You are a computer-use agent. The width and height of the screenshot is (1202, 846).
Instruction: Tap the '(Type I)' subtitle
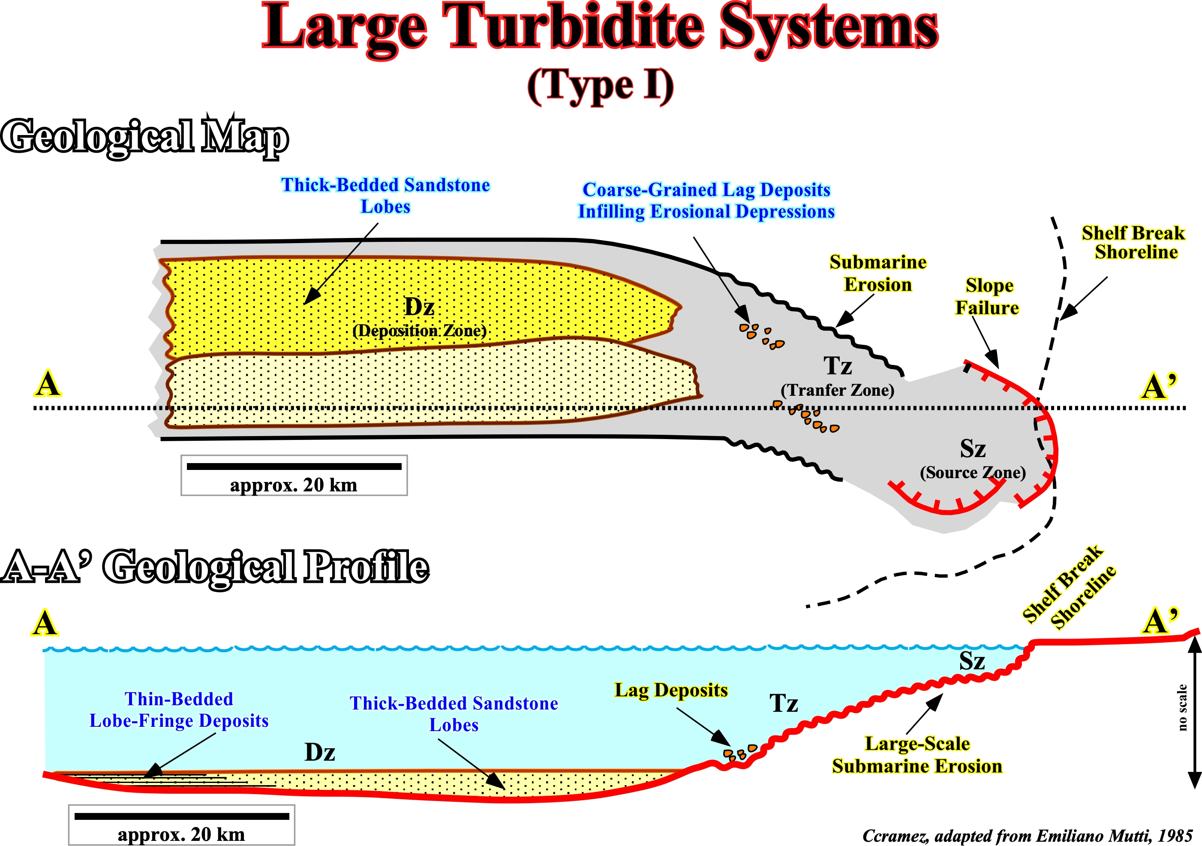(600, 86)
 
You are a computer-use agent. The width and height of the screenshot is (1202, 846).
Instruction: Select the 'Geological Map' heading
(144, 136)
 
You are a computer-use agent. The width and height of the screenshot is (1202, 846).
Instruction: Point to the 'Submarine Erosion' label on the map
(878, 273)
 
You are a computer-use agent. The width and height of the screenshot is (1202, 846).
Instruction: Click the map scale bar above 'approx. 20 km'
(294, 467)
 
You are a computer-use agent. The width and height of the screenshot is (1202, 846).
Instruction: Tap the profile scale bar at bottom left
(182, 816)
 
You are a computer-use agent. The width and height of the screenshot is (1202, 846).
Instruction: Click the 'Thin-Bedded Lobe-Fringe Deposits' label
(179, 710)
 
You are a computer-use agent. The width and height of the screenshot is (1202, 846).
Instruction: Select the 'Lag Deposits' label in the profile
(671, 690)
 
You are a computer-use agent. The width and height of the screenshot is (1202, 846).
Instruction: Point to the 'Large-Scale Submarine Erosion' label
(917, 755)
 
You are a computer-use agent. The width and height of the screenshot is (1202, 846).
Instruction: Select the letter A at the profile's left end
(45, 624)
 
